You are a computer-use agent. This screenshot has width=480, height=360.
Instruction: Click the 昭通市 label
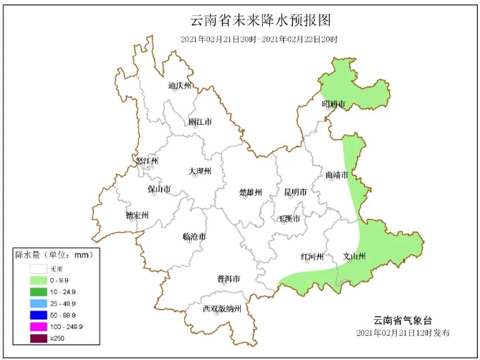point(334,105)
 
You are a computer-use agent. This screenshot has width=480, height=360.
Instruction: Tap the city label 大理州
point(200,171)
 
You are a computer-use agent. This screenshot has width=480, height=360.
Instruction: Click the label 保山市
point(159,189)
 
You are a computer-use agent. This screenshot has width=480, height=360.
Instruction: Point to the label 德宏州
point(137,215)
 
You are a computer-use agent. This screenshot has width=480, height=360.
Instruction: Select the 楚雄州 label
point(251,192)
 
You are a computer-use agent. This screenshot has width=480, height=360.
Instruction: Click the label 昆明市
point(295,192)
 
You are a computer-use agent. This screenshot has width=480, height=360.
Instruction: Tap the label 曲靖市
point(336,175)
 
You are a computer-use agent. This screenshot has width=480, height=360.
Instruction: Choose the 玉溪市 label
point(289,218)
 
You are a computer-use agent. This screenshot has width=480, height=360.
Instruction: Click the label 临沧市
point(195,237)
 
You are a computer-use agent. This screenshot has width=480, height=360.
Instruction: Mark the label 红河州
point(312,257)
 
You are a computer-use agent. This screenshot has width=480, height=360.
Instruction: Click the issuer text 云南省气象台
point(403,320)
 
